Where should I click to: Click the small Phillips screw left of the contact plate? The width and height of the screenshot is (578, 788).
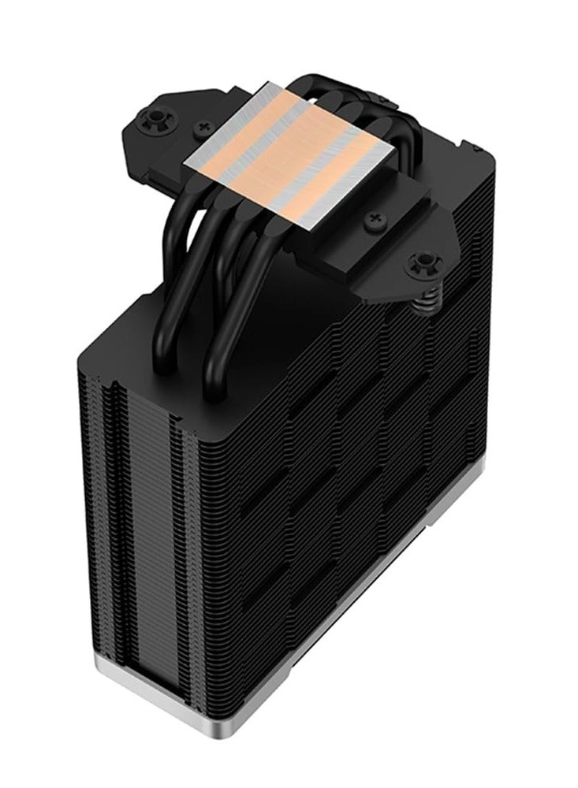pos(207,125)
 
